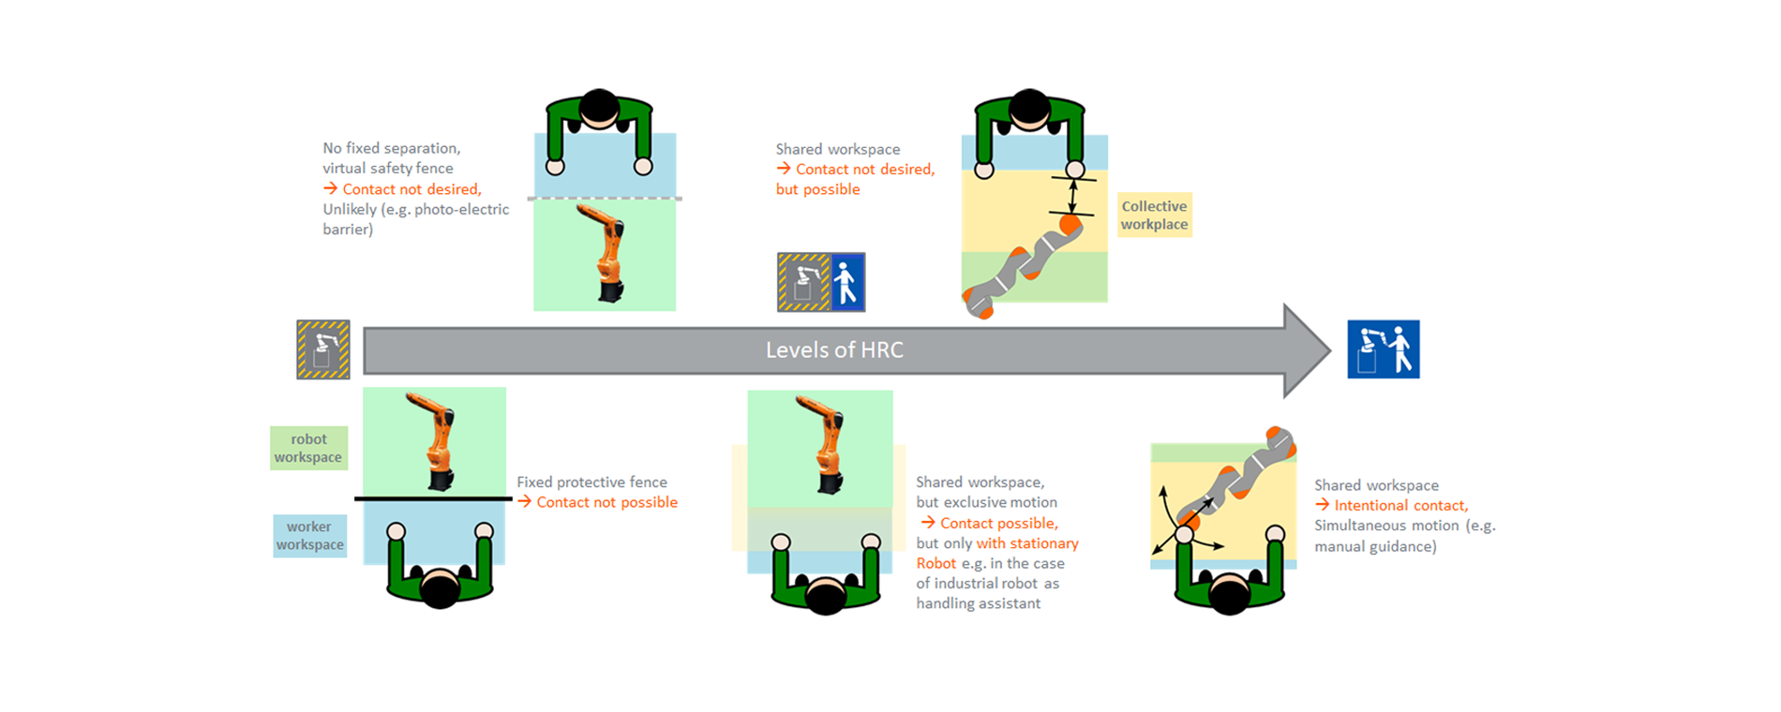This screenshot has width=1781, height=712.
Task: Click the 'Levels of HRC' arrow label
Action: click(x=834, y=350)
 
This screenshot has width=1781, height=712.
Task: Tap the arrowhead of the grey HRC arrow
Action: click(x=1307, y=350)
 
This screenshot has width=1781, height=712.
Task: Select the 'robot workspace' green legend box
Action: click(x=308, y=448)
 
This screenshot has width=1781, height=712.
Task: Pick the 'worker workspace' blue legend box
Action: click(x=309, y=536)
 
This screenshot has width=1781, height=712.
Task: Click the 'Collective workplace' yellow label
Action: click(x=1154, y=215)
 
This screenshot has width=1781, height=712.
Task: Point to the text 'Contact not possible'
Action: click(x=606, y=502)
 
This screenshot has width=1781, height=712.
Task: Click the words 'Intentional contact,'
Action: click(x=1400, y=506)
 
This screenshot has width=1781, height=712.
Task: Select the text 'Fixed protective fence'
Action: click(x=592, y=482)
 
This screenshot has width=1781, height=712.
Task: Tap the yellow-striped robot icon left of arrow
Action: click(x=323, y=349)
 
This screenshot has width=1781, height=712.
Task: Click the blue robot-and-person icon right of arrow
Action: click(x=1384, y=349)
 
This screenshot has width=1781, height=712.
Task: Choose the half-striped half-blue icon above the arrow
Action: click(x=821, y=282)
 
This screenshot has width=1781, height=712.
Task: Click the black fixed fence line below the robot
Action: click(x=433, y=498)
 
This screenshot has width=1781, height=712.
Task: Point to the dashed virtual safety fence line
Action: click(x=605, y=199)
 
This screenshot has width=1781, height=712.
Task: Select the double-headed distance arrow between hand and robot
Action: click(x=1073, y=197)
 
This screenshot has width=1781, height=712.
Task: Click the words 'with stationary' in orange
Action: click(x=1027, y=543)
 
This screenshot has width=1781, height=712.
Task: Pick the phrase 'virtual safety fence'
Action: click(x=388, y=169)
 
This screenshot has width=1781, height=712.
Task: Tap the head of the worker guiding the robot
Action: click(x=1229, y=595)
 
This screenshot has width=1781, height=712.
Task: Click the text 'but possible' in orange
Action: click(x=817, y=189)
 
